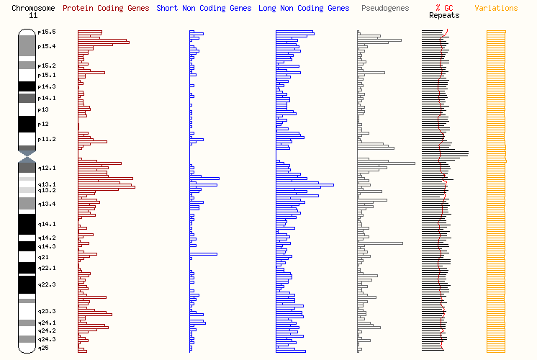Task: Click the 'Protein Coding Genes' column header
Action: click(106, 9)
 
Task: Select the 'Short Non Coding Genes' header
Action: click(204, 9)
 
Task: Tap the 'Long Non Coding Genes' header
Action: click(304, 9)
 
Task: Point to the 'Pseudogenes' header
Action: click(384, 9)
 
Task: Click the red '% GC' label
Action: click(443, 9)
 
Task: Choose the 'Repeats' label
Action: click(443, 15)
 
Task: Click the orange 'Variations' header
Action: click(496, 9)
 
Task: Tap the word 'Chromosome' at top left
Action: click(32, 9)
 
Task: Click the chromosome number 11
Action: click(32, 15)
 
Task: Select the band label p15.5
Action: click(47, 32)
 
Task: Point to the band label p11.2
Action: click(47, 139)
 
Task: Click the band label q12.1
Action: click(47, 168)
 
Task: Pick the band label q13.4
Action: click(47, 204)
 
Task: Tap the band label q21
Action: click(43, 257)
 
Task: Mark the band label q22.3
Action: click(47, 285)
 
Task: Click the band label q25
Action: click(43, 348)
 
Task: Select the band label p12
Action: click(43, 125)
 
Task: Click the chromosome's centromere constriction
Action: click(27, 152)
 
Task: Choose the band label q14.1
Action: click(47, 225)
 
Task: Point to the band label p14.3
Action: click(47, 87)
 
